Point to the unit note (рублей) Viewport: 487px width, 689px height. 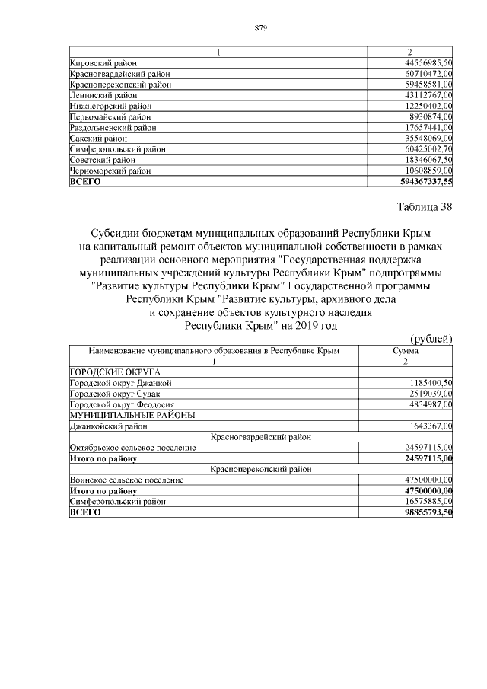click(x=431, y=339)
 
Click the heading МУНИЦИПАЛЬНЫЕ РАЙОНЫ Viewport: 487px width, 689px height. click(x=132, y=415)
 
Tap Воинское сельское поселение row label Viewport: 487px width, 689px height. click(x=126, y=481)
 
